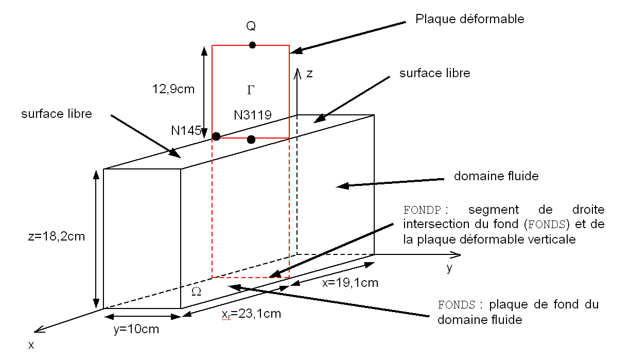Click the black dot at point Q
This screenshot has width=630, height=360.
pos(252,45)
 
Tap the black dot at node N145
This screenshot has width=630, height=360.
pos(216,136)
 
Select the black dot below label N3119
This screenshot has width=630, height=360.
pos(251,140)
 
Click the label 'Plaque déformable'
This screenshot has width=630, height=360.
pos(469,19)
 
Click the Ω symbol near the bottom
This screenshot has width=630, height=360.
pos(196,292)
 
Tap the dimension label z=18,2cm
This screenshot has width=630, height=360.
pos(57,237)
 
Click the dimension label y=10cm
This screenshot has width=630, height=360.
pos(136,329)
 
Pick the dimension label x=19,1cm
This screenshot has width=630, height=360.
pos(350,283)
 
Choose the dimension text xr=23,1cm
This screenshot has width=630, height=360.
pos(251,314)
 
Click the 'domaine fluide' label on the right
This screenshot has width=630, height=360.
pos(496,176)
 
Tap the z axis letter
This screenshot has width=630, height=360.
pos(309,73)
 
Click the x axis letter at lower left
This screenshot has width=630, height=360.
pos(31,345)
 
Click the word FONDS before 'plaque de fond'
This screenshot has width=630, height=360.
pos(455,304)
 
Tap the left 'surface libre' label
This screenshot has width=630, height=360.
pos(56,114)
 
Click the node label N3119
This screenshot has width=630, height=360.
pos(253,115)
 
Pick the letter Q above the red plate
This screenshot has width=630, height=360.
pos(251,26)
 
